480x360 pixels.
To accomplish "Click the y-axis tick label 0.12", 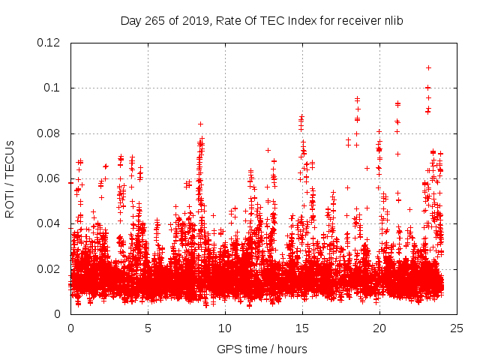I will [x=49, y=43].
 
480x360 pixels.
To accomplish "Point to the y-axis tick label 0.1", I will [x=53, y=88].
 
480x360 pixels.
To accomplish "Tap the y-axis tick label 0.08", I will [x=49, y=133].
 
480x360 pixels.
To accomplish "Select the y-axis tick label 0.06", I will [x=49, y=178].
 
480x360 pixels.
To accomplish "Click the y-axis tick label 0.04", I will [x=49, y=223].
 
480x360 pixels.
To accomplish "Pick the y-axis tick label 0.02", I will [x=49, y=269].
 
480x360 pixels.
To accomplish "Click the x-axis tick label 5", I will [x=148, y=328].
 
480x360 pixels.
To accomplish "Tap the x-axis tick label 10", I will [x=225, y=328].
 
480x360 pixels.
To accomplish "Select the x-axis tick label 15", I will [x=302, y=328].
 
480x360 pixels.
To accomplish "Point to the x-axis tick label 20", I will [x=379, y=328].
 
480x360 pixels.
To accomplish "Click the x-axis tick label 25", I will [x=457, y=328].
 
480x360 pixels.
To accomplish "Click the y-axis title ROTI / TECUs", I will [x=10, y=178].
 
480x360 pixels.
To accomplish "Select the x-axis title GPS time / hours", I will [x=262, y=349].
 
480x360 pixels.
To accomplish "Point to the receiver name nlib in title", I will [x=394, y=20].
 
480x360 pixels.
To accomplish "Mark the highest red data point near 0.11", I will [x=428, y=67].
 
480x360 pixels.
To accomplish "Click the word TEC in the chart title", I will [x=274, y=20].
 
